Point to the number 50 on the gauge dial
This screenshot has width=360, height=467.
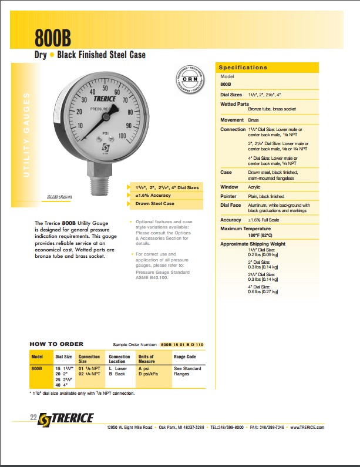105,88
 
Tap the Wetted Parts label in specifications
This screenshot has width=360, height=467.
234,104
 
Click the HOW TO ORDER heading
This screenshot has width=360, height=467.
56,344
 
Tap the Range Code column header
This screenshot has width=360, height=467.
184,357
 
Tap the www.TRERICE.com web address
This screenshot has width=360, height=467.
307,427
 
